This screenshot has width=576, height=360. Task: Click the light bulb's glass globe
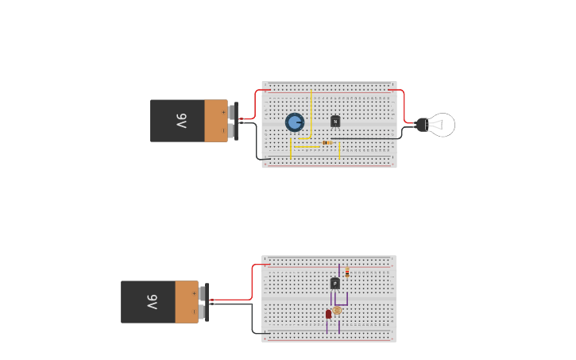pos(442,125)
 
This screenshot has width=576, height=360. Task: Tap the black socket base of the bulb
pos(422,124)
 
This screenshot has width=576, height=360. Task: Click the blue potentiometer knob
pos(295,122)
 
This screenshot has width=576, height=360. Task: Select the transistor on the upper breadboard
pos(335,122)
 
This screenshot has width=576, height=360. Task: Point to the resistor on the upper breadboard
pos(327,142)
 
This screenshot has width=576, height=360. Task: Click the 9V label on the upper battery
pos(181,121)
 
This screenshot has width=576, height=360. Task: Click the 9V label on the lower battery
pos(152,302)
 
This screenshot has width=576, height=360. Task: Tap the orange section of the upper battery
pos(215,121)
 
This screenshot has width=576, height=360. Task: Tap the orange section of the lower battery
pos(187,302)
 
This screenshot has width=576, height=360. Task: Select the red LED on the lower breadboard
pos(328,314)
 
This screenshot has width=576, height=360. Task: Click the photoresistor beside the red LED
pos(337,310)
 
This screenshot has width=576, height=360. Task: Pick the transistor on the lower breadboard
pos(335,283)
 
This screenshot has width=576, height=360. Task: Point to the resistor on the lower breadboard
pos(347,273)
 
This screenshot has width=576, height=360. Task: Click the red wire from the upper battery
pos(256,103)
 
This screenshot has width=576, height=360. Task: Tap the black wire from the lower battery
pos(253,318)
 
